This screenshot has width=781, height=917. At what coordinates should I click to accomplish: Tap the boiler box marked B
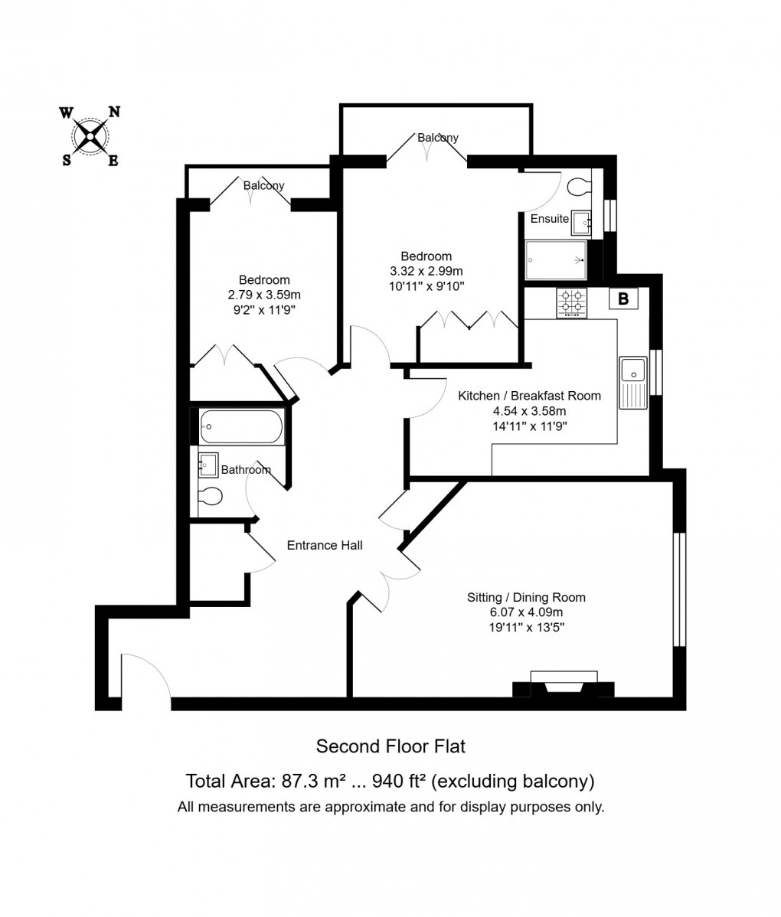pos(623,299)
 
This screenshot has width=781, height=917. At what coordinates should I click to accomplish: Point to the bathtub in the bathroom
pos(241,427)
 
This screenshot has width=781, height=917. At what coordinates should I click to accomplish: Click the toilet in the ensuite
pos(580,185)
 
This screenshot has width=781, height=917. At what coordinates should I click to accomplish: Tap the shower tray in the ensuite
pos(556,259)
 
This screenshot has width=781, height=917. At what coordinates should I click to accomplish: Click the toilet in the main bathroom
pos(209,496)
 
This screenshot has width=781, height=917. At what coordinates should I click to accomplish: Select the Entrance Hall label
pos(325,546)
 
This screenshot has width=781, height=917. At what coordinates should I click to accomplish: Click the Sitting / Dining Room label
pos(527,598)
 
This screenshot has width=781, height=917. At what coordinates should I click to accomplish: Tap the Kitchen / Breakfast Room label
pos(529,396)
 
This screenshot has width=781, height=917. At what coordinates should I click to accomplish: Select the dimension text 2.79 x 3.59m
pos(264,295)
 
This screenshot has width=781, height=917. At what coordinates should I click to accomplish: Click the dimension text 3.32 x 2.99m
pos(426,271)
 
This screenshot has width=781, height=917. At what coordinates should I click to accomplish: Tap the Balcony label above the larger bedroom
pos(437,138)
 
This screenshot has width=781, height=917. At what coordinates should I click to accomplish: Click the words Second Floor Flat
pos(390,745)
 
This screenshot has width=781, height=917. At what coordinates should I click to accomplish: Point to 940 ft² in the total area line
pos(398,782)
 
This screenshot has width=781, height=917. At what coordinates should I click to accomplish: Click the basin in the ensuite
pos(580,222)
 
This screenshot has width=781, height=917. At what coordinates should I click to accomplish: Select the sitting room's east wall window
pos(678,589)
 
